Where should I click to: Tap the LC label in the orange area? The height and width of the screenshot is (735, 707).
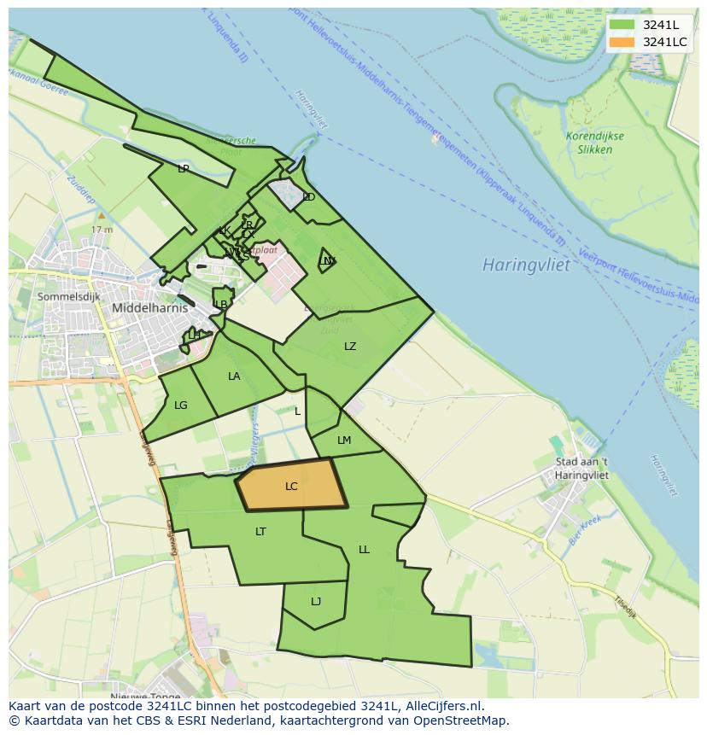click(x=291, y=487)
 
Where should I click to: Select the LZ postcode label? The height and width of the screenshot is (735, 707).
click(x=350, y=347)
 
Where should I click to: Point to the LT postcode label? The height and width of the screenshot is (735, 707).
click(x=260, y=532)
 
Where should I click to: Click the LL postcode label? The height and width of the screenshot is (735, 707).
click(x=364, y=550)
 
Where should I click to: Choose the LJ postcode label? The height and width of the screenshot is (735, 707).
click(x=316, y=602)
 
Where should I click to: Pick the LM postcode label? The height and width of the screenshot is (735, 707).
click(x=344, y=440)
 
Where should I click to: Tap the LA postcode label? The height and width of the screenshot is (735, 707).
click(x=234, y=376)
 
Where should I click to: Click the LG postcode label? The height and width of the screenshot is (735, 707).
click(x=180, y=405)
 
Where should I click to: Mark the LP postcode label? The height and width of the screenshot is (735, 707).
click(x=183, y=169)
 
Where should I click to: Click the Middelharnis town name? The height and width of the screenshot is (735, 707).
click(x=150, y=308)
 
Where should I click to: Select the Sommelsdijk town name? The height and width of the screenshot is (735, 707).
click(x=68, y=296)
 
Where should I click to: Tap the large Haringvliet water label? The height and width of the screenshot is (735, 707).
click(x=525, y=265)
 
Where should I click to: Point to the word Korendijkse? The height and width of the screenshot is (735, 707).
click(x=595, y=137)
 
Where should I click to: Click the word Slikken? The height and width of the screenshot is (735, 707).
click(x=595, y=149)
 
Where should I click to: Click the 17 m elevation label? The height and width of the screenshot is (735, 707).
click(x=102, y=230)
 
